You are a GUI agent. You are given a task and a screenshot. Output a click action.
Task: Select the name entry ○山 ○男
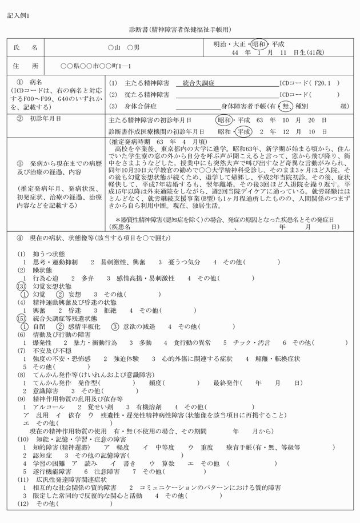[123, 48]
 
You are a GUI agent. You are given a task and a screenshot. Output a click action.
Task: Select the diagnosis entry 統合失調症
[194, 82]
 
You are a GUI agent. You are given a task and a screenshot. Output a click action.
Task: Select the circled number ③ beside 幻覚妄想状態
[22, 285]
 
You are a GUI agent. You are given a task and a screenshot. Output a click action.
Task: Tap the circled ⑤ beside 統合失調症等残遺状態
[22, 318]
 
